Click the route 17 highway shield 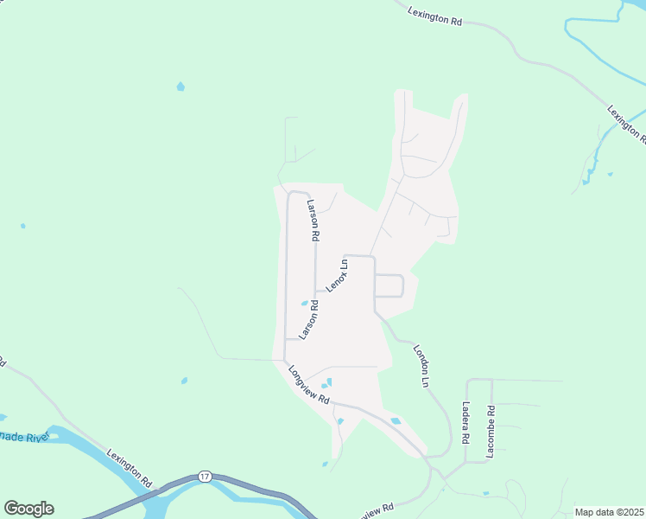[205, 477]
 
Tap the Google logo [28, 509]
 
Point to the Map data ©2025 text [609, 512]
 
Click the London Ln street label [421, 365]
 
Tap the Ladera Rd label [466, 423]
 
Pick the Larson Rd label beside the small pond [309, 317]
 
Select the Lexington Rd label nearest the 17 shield [130, 468]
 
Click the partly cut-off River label [26, 437]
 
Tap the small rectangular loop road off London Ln [389, 285]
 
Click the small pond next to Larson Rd [303, 303]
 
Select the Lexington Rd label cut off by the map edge [626, 125]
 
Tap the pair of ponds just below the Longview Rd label [326, 383]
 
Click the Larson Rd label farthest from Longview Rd [313, 221]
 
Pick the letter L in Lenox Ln [329, 287]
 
